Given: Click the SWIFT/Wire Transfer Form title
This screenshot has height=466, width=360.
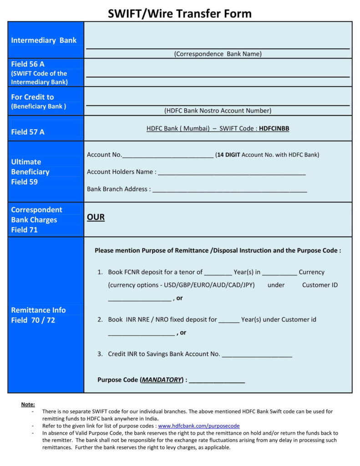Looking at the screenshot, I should tap(180, 13).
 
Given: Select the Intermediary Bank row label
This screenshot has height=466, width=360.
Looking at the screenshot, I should tap(44, 40).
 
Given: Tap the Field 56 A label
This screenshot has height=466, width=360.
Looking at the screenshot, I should tap(28, 64).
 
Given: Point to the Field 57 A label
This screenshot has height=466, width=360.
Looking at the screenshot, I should tap(28, 132).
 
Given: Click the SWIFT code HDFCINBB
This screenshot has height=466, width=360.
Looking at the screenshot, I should tap(274, 129).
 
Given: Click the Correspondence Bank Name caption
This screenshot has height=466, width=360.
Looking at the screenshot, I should tap(218, 54).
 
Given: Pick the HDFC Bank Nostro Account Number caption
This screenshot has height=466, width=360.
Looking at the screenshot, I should tap(218, 111).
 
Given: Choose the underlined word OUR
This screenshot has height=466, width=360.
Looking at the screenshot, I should tap(96, 218).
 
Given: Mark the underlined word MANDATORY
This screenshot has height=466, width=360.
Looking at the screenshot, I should tap(162, 380).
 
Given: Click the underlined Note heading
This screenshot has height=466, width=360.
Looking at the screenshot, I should tap(28, 405).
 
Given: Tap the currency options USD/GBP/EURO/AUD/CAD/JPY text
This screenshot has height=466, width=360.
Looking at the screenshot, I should tap(181, 285).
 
